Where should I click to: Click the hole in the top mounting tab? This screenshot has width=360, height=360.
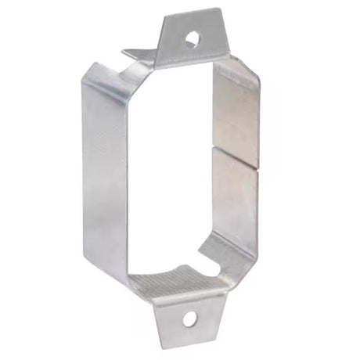(189, 37)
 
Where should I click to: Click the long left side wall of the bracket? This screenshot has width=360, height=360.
(105, 180)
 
